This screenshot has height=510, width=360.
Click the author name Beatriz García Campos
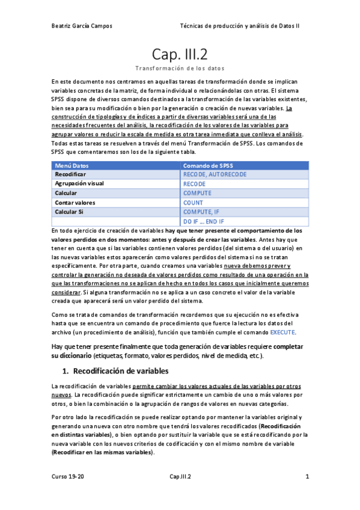82,26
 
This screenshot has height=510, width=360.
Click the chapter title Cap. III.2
180,55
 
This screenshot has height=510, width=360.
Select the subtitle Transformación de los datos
180,68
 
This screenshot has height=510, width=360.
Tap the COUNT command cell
193,203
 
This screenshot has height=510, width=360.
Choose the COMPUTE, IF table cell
204,212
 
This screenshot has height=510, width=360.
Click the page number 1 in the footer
307,477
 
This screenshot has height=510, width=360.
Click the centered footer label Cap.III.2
180,477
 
